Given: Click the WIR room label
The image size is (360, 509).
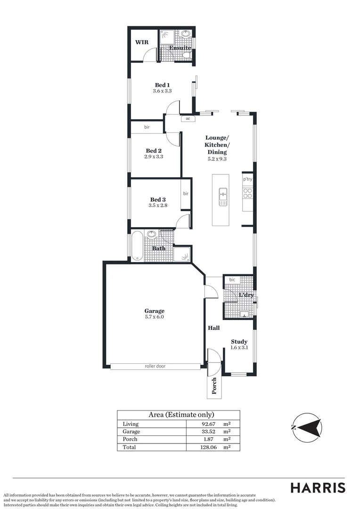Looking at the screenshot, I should pyautogui.click(x=142, y=42).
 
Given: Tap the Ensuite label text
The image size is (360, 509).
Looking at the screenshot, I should pyautogui.click(x=180, y=48).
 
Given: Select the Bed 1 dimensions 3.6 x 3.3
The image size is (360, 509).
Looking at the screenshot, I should pyautogui.click(x=162, y=91).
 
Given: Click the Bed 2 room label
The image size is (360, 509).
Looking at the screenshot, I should pyautogui.click(x=154, y=151).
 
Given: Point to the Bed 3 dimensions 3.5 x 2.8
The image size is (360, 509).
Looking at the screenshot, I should pyautogui.click(x=158, y=205).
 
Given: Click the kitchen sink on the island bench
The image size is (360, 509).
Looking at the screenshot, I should pyautogui.click(x=223, y=197).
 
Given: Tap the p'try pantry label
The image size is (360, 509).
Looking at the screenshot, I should pyautogui.click(x=247, y=180).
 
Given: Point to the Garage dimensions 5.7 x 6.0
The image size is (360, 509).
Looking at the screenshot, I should pyautogui.click(x=154, y=317).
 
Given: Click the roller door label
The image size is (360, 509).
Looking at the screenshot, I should pyautogui.click(x=155, y=366).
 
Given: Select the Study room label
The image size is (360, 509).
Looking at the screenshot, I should pyautogui.click(x=239, y=342).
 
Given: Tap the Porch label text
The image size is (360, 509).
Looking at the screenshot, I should pyautogui.click(x=214, y=385).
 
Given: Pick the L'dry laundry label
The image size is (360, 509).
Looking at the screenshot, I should pyautogui.click(x=246, y=295).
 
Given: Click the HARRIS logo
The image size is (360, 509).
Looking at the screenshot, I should pyautogui.click(x=317, y=488).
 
